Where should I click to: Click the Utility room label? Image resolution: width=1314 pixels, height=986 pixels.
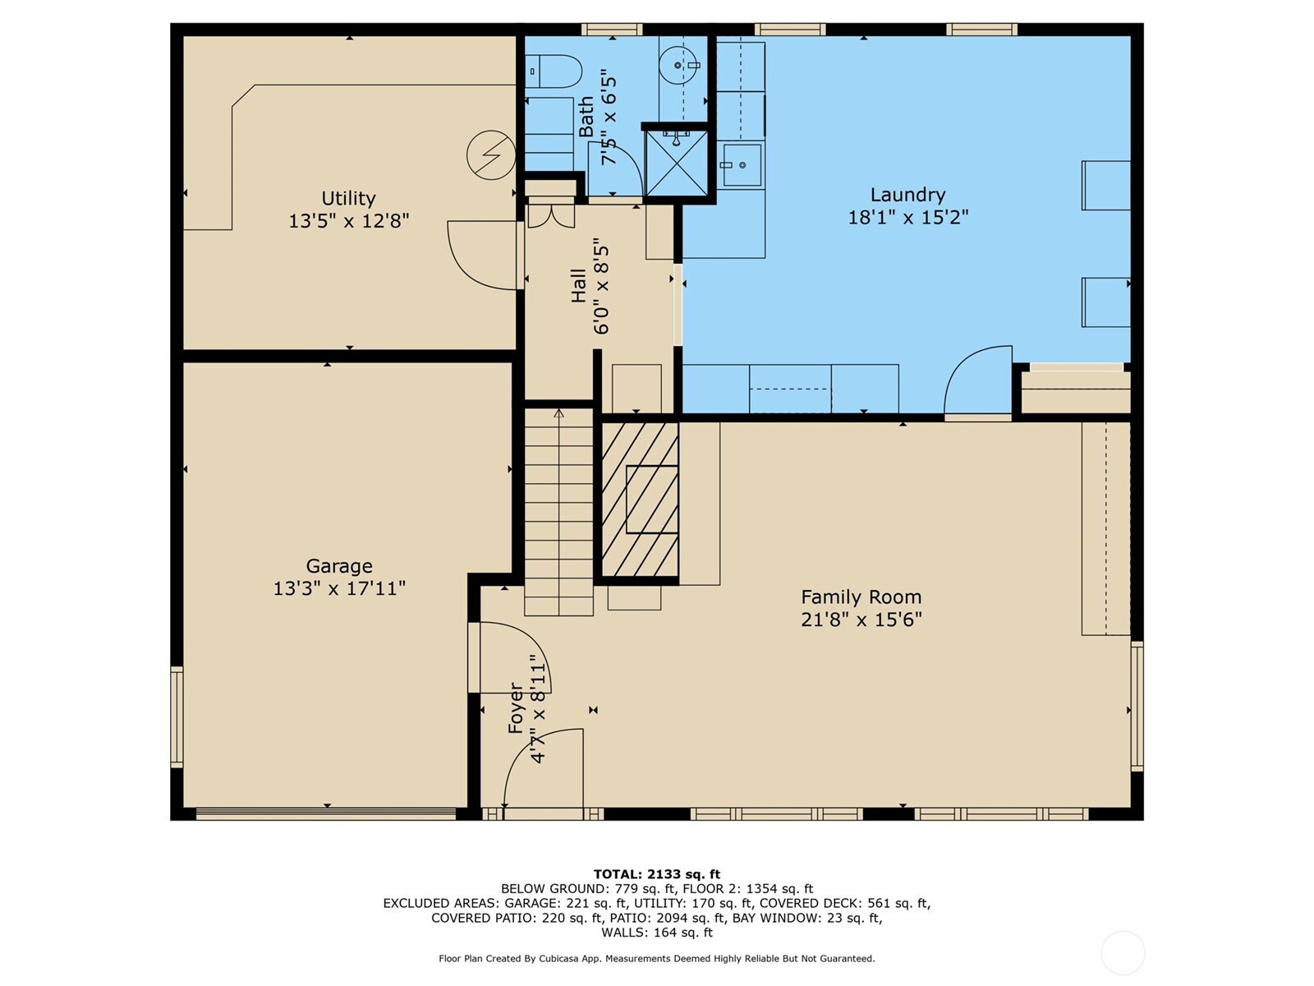[x=348, y=198]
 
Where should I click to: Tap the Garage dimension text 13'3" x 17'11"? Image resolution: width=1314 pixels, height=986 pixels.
[x=339, y=588]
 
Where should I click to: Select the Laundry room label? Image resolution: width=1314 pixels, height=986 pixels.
[x=907, y=195]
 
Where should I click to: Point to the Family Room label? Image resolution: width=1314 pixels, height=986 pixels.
[x=861, y=597]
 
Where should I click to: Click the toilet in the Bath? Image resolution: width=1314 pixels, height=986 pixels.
[x=554, y=71]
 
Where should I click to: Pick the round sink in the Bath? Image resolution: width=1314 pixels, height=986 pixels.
[x=679, y=65]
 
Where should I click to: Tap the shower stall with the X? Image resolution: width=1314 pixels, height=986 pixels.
[x=677, y=163]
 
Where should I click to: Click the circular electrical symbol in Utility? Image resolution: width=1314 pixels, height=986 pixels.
[x=491, y=155]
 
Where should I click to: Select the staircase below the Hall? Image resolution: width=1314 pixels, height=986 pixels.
[x=558, y=512]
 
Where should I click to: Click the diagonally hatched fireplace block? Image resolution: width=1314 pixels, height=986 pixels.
[x=640, y=500]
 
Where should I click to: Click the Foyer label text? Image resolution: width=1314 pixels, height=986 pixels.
[x=516, y=707]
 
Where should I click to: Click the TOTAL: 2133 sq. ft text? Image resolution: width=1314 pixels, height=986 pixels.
[x=657, y=874]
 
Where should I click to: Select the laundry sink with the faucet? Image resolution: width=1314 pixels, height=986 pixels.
[x=742, y=164]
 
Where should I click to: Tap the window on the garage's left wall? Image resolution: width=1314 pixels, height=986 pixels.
[x=177, y=716]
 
